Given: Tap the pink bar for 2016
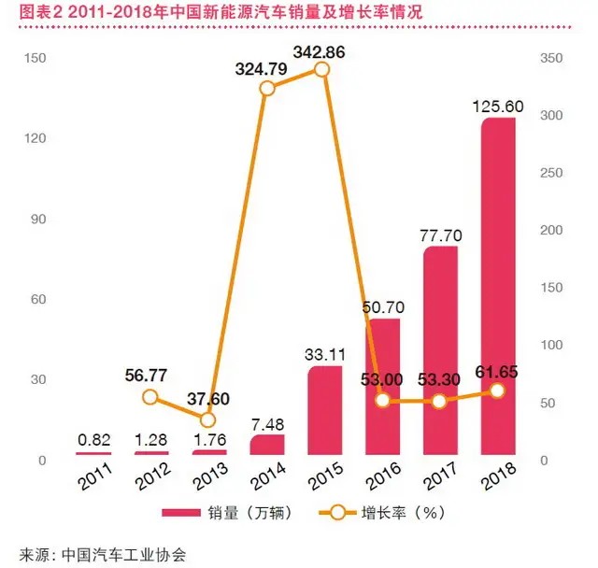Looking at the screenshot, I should coord(382,387).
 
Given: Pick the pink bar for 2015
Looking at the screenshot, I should coord(324,411).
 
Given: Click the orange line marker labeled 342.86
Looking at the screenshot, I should coord(322,69).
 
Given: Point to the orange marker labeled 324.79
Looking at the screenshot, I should coord(266,88).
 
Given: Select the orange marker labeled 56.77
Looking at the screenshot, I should coord(150,397).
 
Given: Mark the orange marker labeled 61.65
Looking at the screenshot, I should coord(497,391).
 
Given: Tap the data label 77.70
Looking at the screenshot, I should coord(438,232).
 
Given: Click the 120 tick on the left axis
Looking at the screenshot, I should coord(36,138).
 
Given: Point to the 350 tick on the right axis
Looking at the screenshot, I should coord(553,58).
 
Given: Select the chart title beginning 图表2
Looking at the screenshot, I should coord(173,13).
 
